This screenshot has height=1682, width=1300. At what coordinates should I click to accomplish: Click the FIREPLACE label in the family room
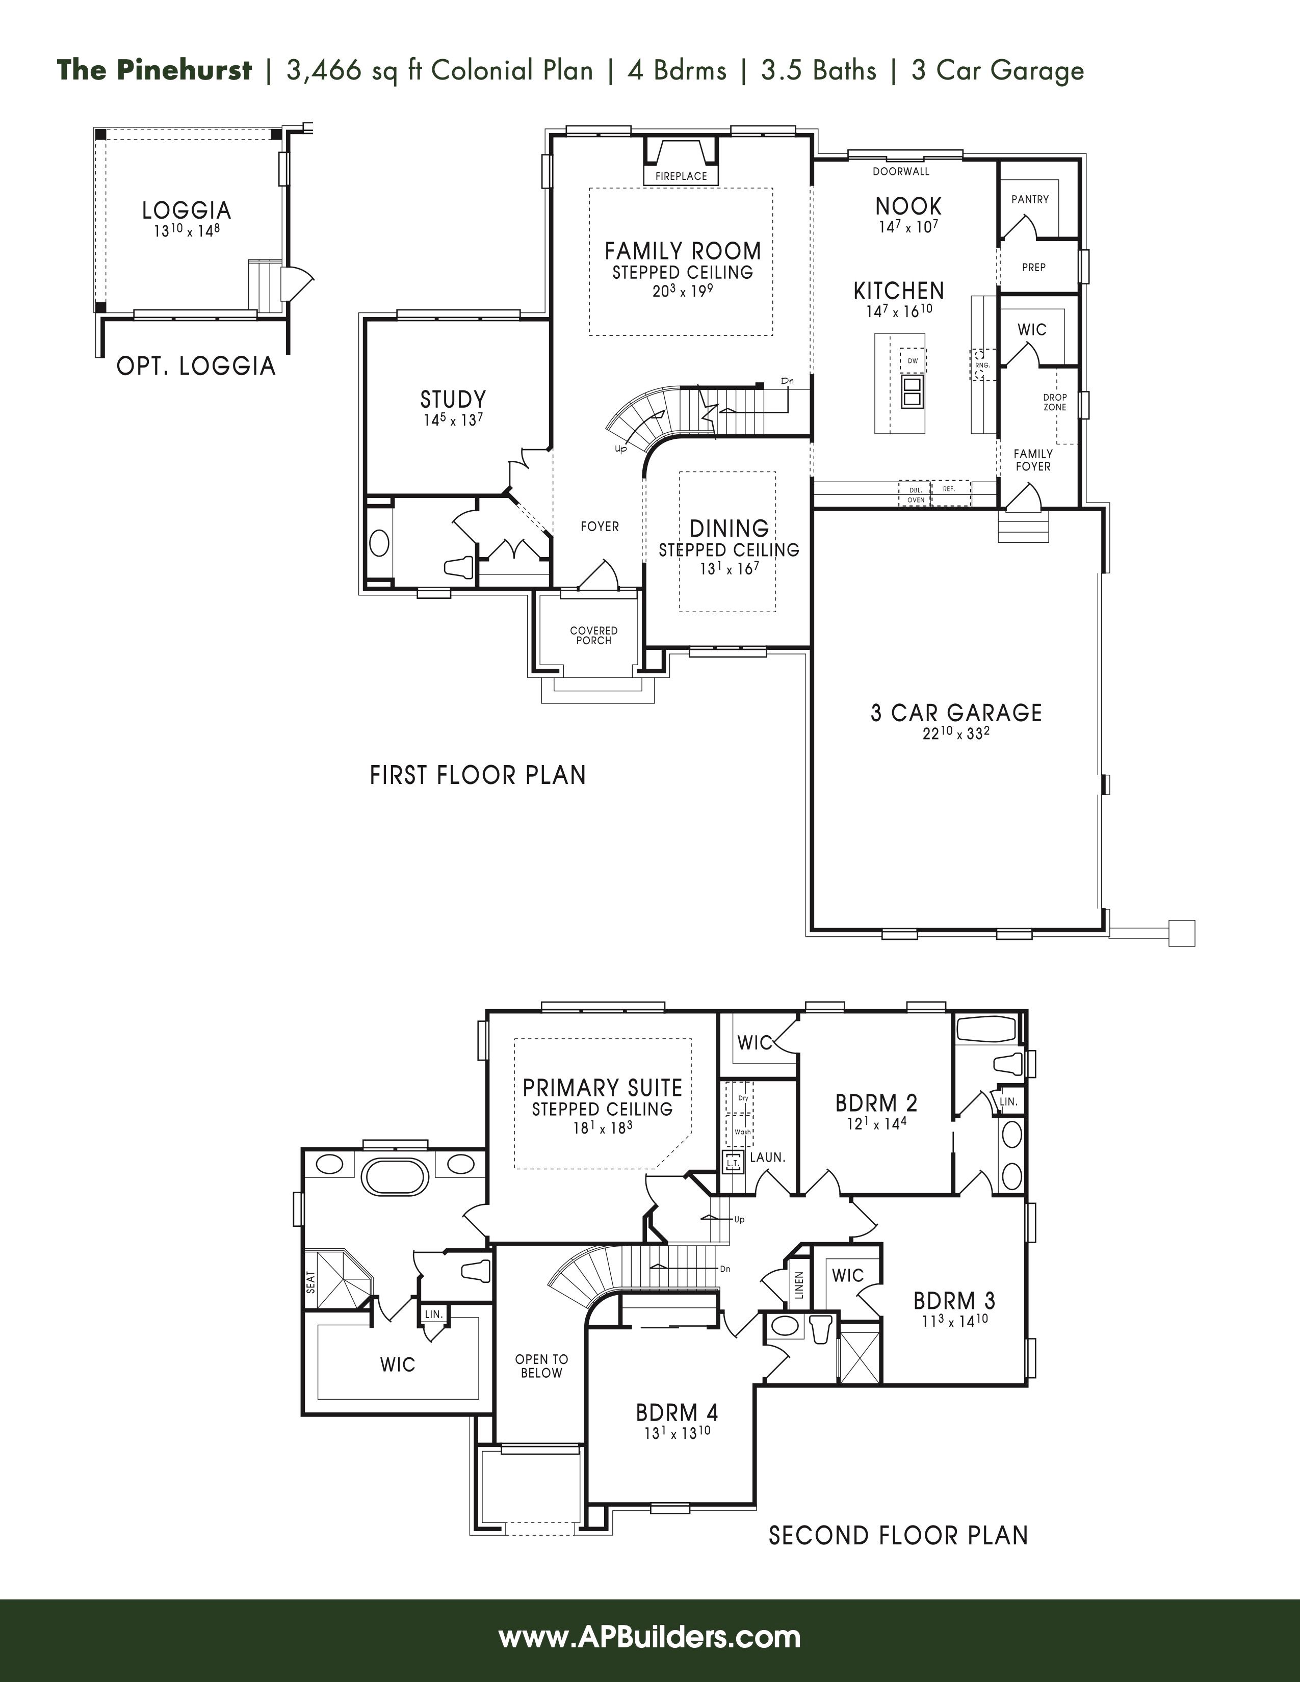(681, 176)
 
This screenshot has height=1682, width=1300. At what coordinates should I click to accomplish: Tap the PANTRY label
(1030, 199)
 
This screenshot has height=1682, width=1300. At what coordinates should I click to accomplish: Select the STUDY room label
(453, 399)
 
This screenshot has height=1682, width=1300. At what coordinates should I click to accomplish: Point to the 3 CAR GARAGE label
(956, 713)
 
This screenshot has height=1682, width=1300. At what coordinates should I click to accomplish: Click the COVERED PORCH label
(594, 636)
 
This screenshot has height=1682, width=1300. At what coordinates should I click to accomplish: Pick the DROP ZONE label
(1055, 402)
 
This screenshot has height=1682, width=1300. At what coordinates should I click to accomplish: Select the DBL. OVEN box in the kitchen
(916, 494)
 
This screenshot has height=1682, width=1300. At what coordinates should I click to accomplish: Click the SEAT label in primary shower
(311, 1281)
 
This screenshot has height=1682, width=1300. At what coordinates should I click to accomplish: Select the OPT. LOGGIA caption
(196, 366)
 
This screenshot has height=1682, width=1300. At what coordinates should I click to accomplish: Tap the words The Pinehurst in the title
(154, 70)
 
